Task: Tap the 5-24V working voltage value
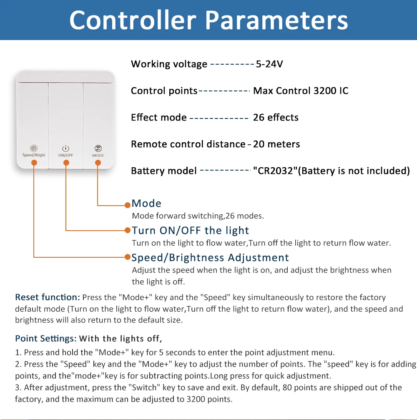[x=269, y=64]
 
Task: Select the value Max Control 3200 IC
[x=301, y=91]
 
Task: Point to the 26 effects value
[x=276, y=117]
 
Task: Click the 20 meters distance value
[x=276, y=144]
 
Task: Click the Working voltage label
[x=169, y=64]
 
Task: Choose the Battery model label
[x=163, y=171]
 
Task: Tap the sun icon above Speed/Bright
[x=34, y=148]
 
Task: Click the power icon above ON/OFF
[x=66, y=148]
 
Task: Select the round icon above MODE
[x=98, y=148]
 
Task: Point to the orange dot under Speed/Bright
[x=34, y=163]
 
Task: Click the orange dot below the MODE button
[x=98, y=163]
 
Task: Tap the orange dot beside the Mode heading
[x=128, y=205]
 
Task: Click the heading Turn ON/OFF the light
[x=190, y=230]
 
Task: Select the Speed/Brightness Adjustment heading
[x=210, y=257]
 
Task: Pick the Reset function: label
[x=47, y=297]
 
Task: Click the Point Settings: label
[x=45, y=338]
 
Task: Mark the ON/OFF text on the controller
[x=66, y=155]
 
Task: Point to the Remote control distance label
[x=188, y=144]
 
